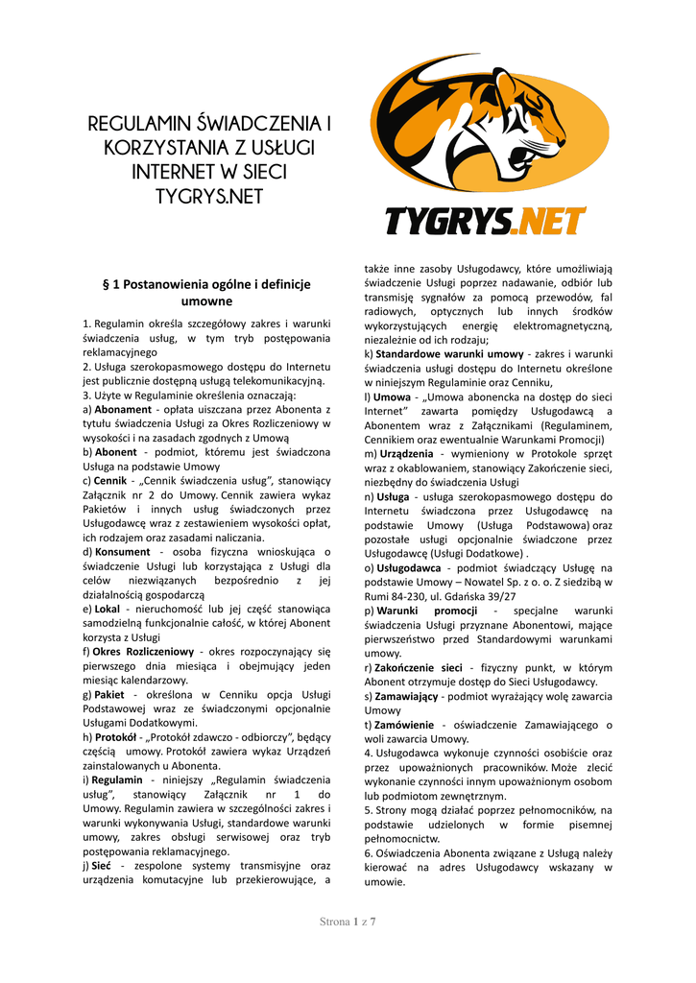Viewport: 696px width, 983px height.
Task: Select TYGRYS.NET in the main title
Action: coord(209,197)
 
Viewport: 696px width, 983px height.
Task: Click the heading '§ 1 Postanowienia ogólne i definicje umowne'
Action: coord(206,293)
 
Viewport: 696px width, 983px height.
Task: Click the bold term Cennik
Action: coord(110,480)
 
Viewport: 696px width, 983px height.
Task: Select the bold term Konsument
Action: coord(122,552)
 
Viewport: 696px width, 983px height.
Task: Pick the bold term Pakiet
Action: coord(109,694)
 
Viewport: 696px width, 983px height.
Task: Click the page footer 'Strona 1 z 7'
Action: coord(348,923)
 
